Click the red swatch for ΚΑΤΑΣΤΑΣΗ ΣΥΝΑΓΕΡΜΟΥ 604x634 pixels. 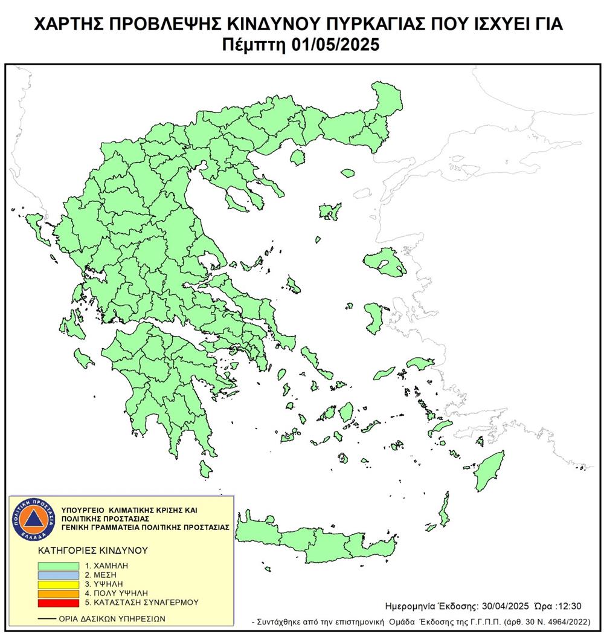coord(58,602)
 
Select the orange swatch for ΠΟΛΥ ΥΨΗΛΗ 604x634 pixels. coord(58,593)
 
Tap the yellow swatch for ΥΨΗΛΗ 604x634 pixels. coord(58,584)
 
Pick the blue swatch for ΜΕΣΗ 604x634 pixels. coord(58,575)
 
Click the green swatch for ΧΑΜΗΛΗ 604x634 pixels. coord(58,566)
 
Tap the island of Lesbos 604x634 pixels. coord(385,260)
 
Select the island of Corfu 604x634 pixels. coord(41,230)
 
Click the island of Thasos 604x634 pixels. coord(297,157)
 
